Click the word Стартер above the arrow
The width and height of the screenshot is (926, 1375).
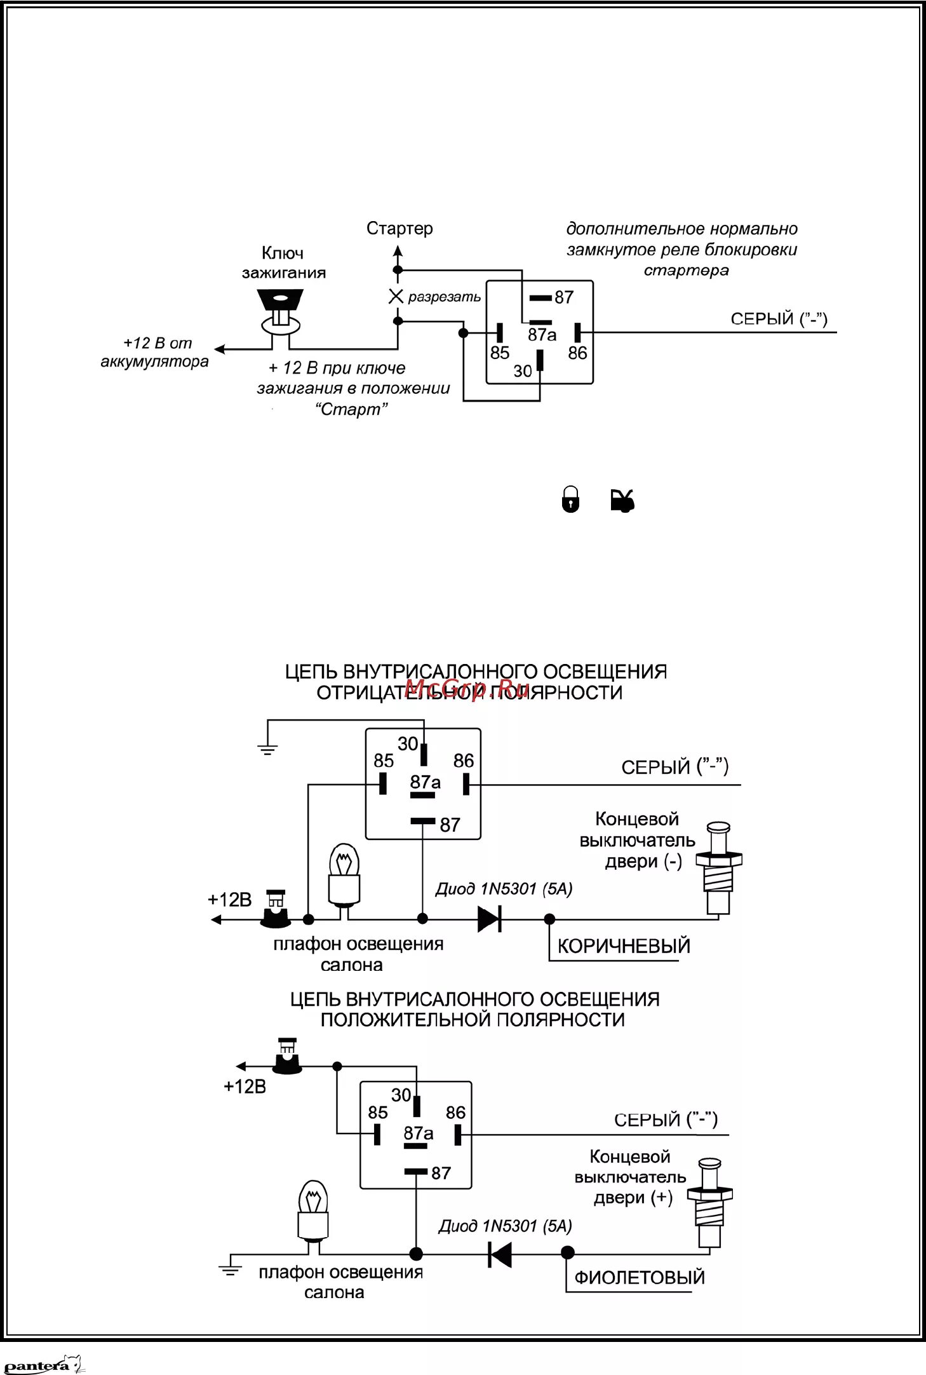(x=399, y=229)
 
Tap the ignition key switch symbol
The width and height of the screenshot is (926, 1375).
(x=280, y=312)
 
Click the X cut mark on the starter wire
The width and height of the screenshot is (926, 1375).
(x=396, y=296)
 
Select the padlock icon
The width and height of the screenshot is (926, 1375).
(x=570, y=499)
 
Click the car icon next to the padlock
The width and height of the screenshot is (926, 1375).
(x=622, y=500)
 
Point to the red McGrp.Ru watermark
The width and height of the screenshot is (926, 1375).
(x=467, y=688)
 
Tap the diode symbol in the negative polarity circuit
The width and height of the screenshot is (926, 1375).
(x=490, y=919)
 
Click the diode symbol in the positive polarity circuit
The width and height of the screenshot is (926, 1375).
(x=500, y=1254)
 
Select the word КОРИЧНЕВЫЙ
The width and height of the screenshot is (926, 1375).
(x=624, y=946)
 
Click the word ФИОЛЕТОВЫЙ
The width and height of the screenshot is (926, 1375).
(x=640, y=1278)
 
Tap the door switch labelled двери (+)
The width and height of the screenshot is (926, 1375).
(x=709, y=1203)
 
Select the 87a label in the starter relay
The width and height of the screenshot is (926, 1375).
(x=542, y=335)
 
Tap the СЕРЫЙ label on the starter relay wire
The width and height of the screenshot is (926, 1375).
(x=779, y=319)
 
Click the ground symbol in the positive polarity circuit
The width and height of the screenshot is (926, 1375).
(x=230, y=1270)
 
